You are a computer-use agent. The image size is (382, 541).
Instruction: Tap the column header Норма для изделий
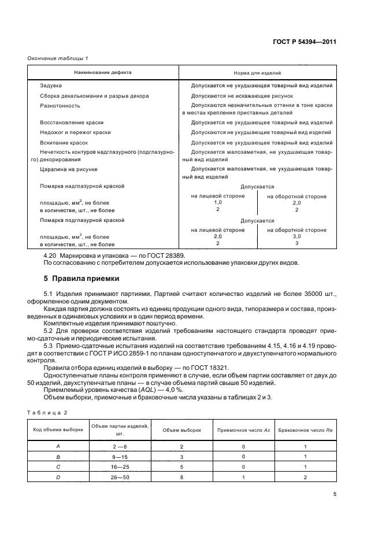point(257,73)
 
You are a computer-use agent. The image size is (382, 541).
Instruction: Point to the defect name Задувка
point(51,86)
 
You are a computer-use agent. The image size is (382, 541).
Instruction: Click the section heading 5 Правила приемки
point(81,277)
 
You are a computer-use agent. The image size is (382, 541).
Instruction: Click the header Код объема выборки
point(57,431)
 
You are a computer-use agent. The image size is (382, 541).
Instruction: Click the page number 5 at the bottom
point(335,494)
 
